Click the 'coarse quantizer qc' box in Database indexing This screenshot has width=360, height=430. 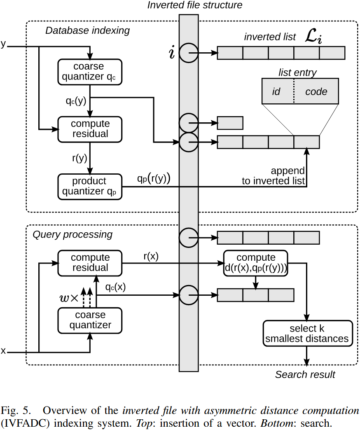90,72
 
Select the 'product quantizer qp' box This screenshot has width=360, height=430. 90,187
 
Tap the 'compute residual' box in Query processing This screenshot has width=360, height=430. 90,263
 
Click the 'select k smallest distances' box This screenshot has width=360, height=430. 308,334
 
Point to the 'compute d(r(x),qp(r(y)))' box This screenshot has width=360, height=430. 256,263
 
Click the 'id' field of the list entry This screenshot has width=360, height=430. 277,91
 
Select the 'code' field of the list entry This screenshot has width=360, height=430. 316,91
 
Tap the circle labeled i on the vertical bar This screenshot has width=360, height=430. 189,53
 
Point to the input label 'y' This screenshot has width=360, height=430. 4,44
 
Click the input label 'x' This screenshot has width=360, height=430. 4,351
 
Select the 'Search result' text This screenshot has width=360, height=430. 305,374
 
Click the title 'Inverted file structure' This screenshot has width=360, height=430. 195,5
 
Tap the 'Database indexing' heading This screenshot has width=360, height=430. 87,30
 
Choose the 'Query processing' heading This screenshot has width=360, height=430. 72,234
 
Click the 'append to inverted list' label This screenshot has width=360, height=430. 274,176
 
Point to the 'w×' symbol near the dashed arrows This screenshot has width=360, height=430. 69,298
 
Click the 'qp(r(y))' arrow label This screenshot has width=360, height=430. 154,179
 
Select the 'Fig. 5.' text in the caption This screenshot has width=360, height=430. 15,411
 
